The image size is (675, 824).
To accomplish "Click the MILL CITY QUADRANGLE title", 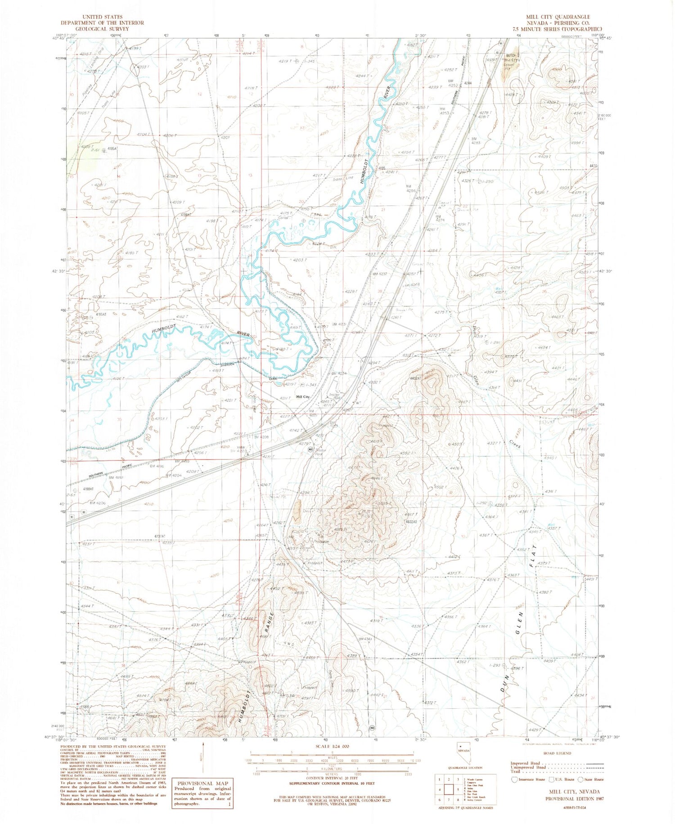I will pyautogui.click(x=558, y=17).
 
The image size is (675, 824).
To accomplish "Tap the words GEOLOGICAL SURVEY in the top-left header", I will pyautogui.click(x=102, y=29).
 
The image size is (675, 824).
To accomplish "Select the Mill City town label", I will pyautogui.click(x=302, y=396).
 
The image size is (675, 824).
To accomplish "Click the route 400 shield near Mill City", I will pyautogui.click(x=310, y=450).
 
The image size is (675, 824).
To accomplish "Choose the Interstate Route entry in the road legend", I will pyautogui.click(x=527, y=779).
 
